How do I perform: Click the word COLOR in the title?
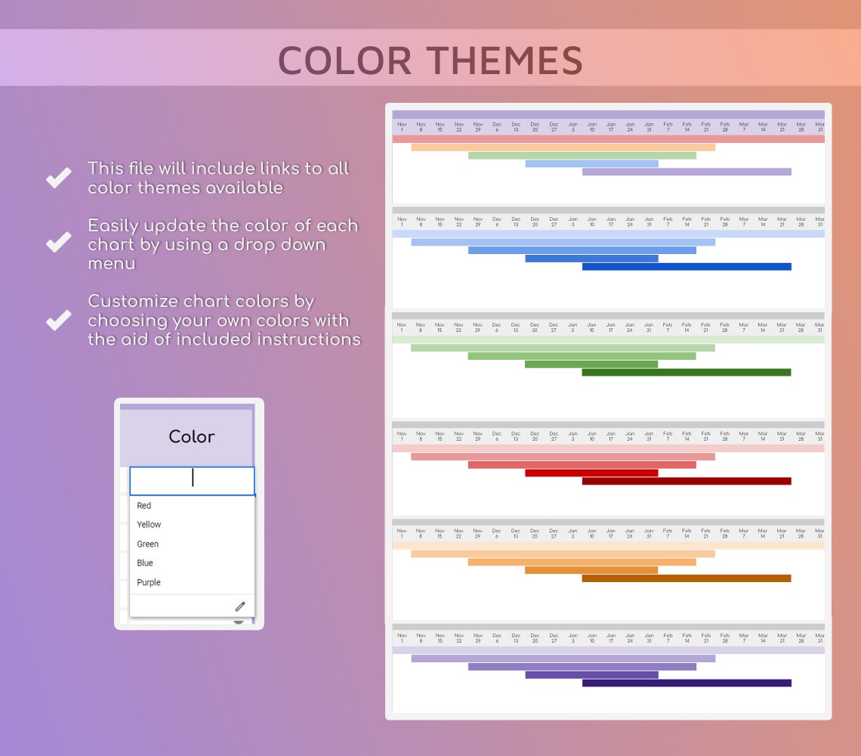click(344, 60)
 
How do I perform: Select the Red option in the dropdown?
click(144, 506)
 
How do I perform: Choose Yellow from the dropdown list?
click(149, 525)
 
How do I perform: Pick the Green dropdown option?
click(148, 544)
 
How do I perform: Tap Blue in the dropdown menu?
click(145, 563)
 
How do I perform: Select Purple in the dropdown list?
click(149, 583)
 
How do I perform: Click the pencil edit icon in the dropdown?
click(240, 606)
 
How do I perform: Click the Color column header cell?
click(191, 437)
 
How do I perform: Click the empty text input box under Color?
click(192, 480)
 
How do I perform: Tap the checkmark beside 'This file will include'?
click(58, 178)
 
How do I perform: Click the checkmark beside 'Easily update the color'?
click(58, 242)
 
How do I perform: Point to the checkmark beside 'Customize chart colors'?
click(58, 320)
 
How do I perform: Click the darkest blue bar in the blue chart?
click(686, 267)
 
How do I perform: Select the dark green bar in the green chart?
click(686, 372)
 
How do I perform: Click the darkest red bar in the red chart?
click(686, 481)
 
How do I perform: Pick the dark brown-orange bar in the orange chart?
click(686, 578)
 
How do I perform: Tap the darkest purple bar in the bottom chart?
click(686, 683)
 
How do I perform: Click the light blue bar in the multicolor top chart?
click(591, 163)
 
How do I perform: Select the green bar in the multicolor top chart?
click(582, 156)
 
